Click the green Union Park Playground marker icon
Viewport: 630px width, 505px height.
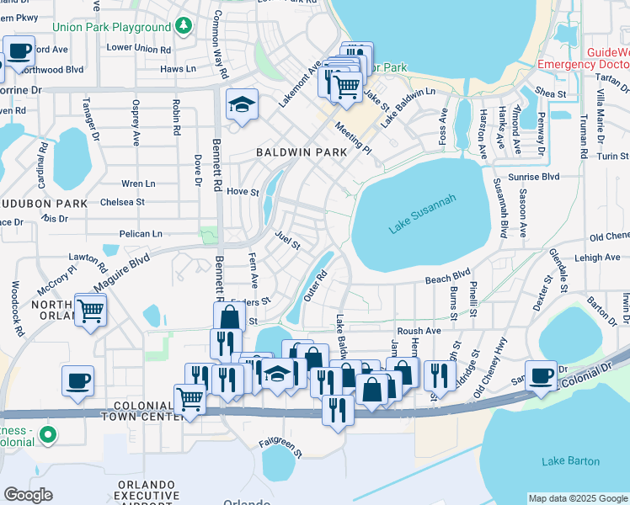pyautogui.click(x=184, y=27)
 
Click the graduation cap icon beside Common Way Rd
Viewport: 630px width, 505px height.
pyautogui.click(x=242, y=105)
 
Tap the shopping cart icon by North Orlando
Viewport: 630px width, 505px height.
pyautogui.click(x=90, y=309)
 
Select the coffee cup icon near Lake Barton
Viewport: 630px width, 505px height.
pyautogui.click(x=540, y=375)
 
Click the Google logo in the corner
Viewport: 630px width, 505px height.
pyautogui.click(x=28, y=495)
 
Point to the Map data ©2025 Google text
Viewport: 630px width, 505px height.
pyautogui.click(x=577, y=498)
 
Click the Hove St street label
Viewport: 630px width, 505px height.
pyautogui.click(x=243, y=192)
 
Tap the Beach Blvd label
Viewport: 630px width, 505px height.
pyautogui.click(x=447, y=276)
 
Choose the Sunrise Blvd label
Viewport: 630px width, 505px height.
pyautogui.click(x=538, y=177)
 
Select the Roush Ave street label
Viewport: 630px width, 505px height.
pyautogui.click(x=419, y=332)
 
